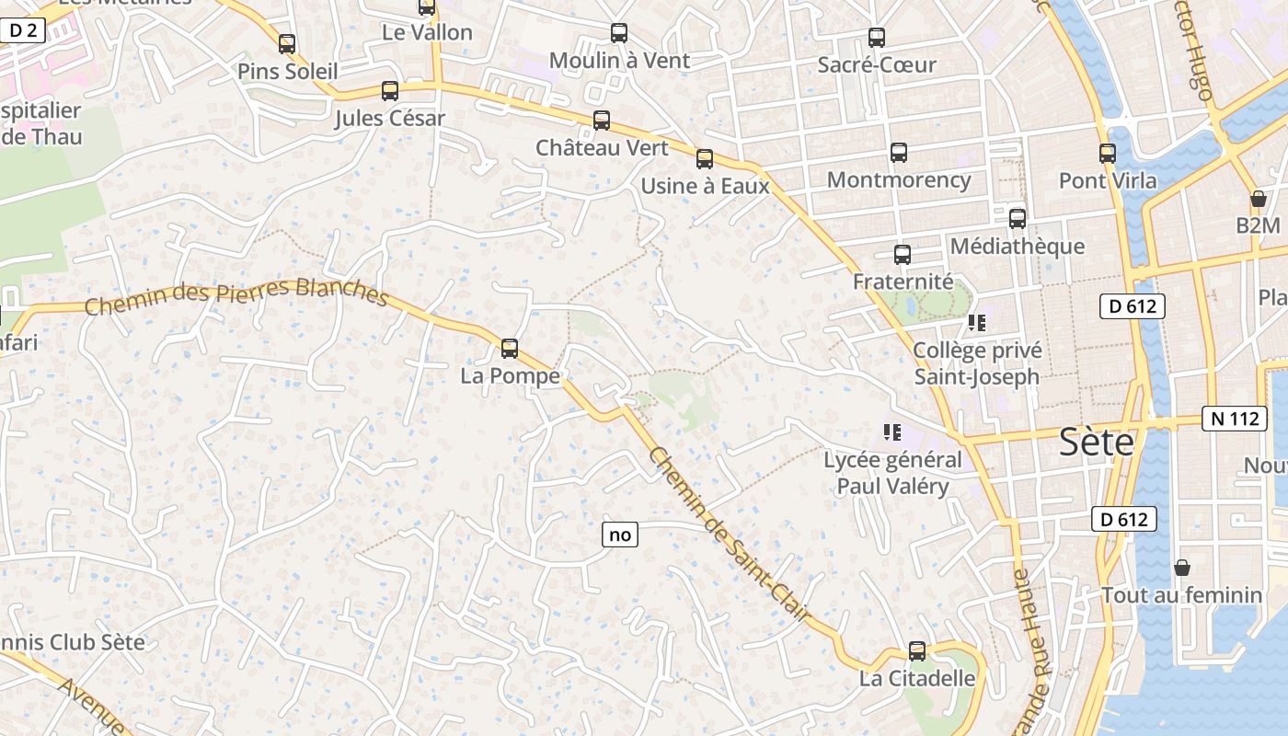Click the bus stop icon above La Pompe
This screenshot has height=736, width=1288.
(509, 349)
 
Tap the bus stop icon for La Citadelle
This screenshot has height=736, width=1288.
(916, 651)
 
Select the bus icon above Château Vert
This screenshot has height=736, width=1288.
(601, 121)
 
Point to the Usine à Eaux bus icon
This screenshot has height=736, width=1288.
(705, 159)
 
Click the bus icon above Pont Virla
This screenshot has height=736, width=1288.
(1107, 154)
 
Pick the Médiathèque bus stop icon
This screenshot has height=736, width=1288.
(1017, 219)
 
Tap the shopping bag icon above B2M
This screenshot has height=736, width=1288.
(1258, 199)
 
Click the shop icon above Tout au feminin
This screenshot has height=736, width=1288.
(1182, 568)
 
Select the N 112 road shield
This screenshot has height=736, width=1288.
(1234, 419)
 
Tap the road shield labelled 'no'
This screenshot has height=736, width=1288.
(620, 535)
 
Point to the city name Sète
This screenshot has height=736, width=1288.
(1096, 443)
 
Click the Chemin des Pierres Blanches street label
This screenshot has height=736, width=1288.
(236, 296)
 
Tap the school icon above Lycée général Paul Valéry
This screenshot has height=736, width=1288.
(891, 431)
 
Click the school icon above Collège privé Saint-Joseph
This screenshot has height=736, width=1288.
(976, 323)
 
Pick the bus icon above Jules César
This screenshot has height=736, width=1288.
(390, 91)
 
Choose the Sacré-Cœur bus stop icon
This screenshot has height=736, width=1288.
(877, 38)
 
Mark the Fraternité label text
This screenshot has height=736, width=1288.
(903, 282)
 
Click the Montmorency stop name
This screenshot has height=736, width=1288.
(899, 179)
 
